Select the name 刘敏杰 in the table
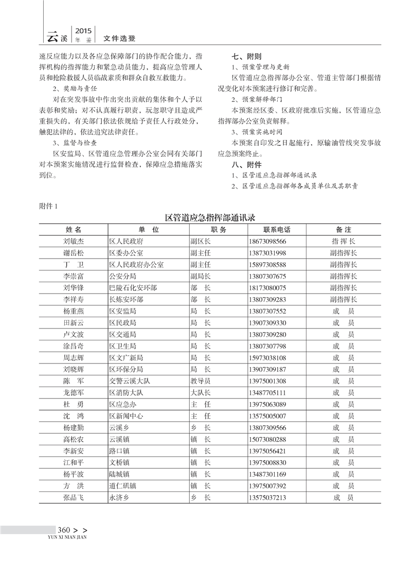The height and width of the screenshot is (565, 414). [74, 241]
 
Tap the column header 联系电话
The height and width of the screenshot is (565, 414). [277, 229]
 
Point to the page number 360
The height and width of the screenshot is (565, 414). [64, 530]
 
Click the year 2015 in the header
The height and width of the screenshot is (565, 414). [84, 31]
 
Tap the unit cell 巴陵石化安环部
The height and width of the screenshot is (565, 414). [133, 288]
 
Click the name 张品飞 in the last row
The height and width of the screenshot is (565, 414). [74, 498]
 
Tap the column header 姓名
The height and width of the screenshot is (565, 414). [74, 229]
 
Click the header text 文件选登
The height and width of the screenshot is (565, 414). [119, 38]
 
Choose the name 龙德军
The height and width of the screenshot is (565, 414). [74, 393]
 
